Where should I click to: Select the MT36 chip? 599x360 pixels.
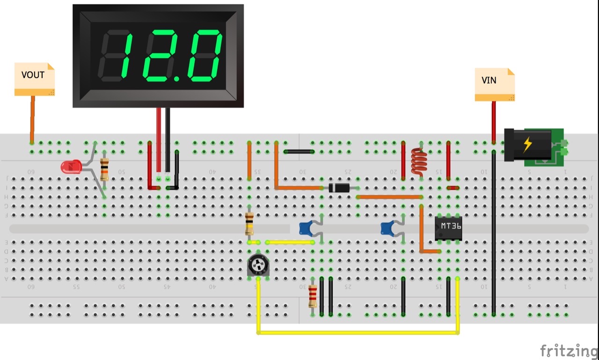tap(448, 228)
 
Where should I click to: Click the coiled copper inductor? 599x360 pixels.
tap(419, 162)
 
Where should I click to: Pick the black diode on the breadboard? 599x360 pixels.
tap(339, 188)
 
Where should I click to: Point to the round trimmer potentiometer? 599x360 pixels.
tap(257, 266)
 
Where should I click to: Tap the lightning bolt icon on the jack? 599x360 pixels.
tap(527, 144)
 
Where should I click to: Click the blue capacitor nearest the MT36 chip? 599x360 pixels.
tap(388, 228)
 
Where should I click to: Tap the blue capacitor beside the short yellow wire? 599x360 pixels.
tap(307, 228)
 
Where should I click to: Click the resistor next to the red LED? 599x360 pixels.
tap(104, 169)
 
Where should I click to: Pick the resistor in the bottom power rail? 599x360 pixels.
tap(313, 297)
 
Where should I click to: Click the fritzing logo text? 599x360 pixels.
tap(569, 350)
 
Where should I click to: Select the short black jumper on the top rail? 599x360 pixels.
tap(299, 152)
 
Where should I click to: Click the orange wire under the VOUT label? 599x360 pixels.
tap(32, 119)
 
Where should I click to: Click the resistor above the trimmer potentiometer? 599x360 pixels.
tap(249, 224)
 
